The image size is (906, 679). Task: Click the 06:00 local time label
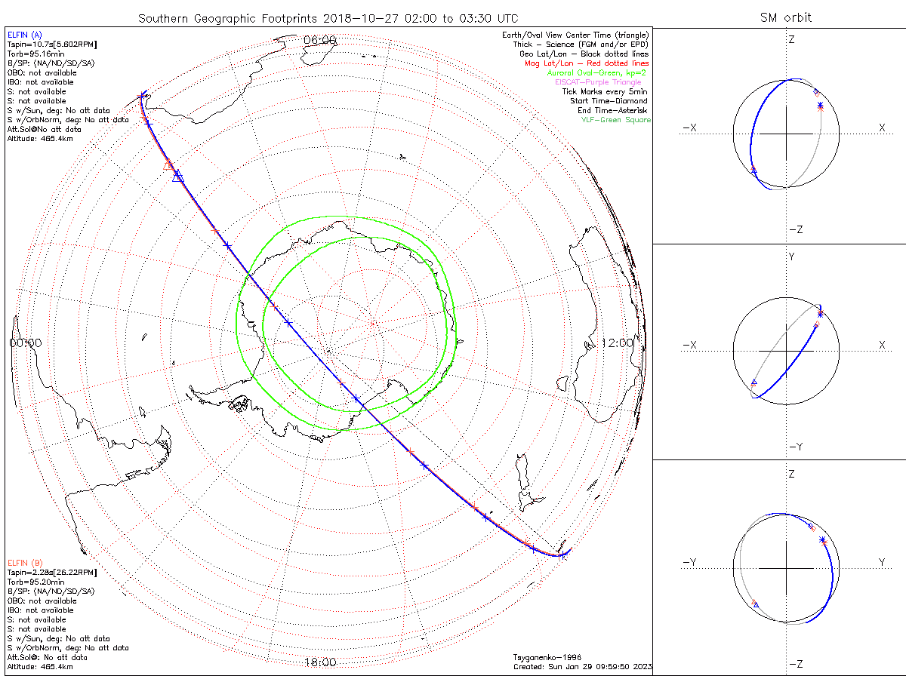point(319,39)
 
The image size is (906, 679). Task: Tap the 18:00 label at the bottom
point(319,662)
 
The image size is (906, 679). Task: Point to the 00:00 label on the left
point(25,343)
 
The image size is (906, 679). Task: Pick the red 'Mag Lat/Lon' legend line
point(587,63)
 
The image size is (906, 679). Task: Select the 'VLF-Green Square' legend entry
point(615,120)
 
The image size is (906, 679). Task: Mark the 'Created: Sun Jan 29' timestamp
point(581,667)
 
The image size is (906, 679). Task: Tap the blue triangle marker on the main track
point(178,176)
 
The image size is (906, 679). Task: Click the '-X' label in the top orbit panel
point(689,128)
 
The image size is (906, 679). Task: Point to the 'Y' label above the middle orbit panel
point(791,257)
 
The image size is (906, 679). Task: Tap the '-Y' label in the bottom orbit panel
point(689,562)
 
